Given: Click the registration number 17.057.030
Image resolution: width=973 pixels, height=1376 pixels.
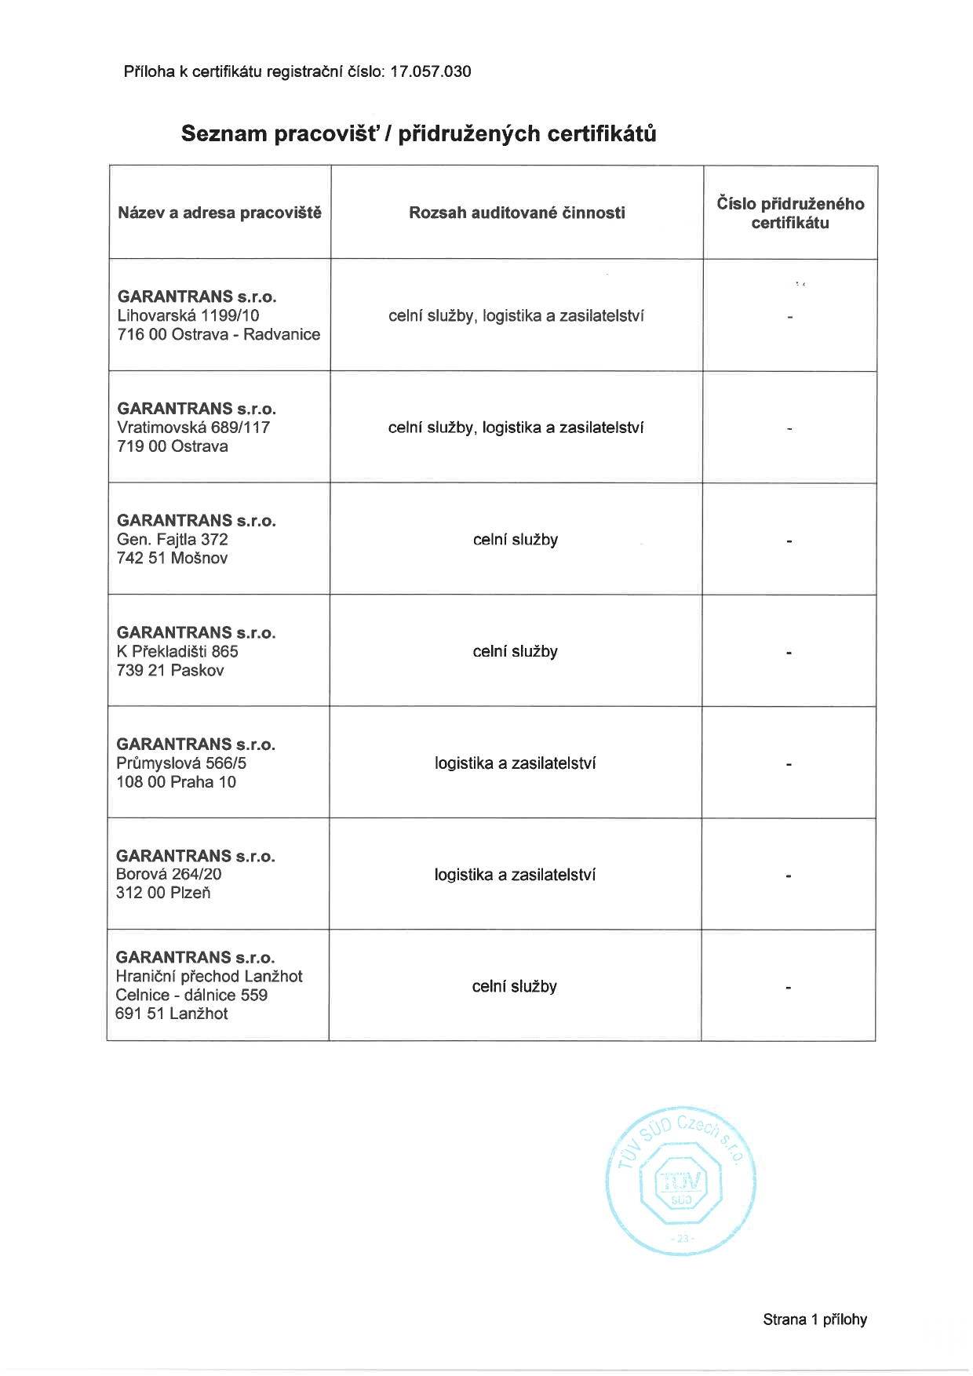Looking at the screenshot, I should (x=430, y=72).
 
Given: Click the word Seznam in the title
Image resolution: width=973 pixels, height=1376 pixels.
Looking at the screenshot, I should (x=224, y=134).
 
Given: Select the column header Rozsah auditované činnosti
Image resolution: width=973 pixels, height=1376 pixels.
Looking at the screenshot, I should (x=516, y=213).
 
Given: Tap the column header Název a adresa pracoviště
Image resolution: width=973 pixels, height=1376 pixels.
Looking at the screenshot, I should (x=220, y=213).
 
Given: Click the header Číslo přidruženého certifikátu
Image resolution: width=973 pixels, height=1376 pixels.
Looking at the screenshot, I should (x=790, y=213).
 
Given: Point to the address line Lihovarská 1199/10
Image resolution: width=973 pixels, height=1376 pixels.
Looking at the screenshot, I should (x=188, y=315).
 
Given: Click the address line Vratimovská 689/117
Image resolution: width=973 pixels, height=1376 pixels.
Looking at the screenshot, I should (x=193, y=428).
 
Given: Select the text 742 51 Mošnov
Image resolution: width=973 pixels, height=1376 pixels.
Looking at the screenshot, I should (x=172, y=559).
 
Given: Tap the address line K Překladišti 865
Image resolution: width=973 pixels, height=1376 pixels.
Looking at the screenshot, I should (x=177, y=651).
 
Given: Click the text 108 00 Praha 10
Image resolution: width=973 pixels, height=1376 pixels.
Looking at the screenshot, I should (x=176, y=782).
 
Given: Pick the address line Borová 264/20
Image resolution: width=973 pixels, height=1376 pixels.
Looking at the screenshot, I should (x=169, y=874).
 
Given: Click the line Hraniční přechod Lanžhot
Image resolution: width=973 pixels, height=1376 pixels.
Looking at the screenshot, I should (x=209, y=977).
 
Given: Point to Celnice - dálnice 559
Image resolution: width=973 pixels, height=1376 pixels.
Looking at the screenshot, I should (x=191, y=996).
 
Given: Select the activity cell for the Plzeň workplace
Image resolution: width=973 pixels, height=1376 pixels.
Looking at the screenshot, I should (x=515, y=875).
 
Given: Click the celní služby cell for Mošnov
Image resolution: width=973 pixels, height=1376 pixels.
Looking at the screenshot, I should (x=516, y=540).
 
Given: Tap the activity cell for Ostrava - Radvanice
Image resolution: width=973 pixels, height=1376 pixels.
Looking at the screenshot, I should (x=516, y=316).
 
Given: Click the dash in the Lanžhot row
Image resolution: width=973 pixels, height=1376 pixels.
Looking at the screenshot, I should (x=788, y=988).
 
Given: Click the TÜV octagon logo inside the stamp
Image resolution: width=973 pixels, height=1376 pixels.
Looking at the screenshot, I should (x=681, y=1183).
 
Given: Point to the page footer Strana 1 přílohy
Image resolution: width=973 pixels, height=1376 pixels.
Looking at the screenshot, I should (x=814, y=1320).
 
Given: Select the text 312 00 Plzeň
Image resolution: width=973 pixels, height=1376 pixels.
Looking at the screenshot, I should (x=163, y=893).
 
